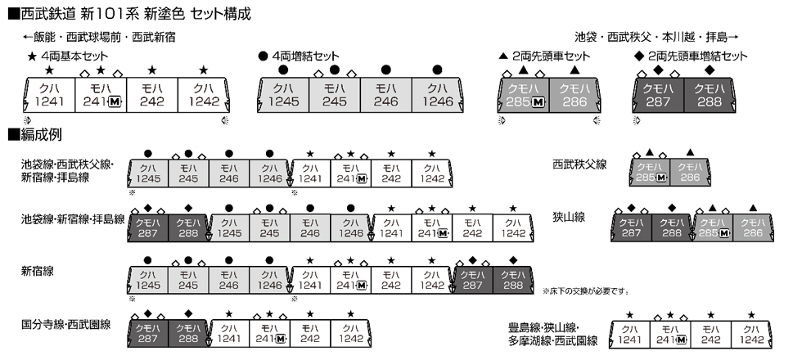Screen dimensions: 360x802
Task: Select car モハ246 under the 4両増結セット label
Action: [385, 94]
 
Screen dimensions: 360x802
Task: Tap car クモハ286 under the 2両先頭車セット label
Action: [576, 94]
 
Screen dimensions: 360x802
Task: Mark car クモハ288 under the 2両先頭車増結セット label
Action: [710, 94]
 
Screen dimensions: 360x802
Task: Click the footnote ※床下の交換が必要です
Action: [584, 291]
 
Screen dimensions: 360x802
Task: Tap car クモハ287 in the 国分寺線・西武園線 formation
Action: [149, 331]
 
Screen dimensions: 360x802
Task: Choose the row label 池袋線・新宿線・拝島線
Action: [73, 219]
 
